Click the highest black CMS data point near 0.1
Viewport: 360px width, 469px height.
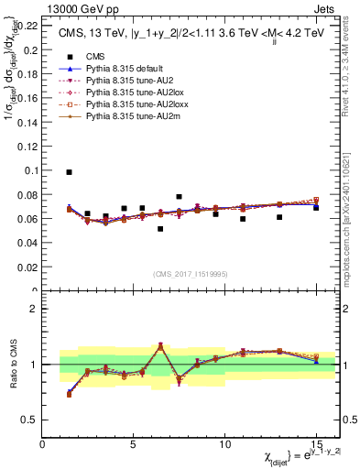point(69,172)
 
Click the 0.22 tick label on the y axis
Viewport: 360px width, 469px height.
point(26,26)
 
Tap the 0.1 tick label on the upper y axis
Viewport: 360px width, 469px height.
point(29,170)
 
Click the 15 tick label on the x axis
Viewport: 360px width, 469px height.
point(316,444)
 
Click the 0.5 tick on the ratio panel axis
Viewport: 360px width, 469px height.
point(29,420)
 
